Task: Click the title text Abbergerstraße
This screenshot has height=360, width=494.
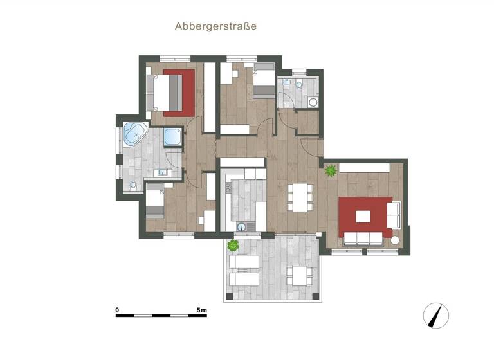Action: pos(215,26)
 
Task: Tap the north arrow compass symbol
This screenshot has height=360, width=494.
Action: pos(436,316)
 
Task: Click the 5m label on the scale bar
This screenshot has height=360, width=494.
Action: pos(201,310)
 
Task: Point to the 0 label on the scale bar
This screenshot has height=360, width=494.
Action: pos(117,310)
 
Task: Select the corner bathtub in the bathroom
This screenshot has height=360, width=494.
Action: pos(136,134)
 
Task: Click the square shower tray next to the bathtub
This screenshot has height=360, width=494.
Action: pos(172,137)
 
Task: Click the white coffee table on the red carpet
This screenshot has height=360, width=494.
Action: pos(363,216)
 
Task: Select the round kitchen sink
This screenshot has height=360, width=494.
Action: pos(242,226)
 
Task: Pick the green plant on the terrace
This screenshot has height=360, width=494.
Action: pos(233,245)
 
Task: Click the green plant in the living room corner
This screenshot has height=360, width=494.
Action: pos(331,171)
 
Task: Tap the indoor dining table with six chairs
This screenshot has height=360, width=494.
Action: pos(298,197)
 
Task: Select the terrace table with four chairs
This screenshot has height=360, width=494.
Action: pos(300,275)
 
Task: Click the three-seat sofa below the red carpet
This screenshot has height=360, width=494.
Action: pos(364,239)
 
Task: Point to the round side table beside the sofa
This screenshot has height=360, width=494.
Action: pos(395,240)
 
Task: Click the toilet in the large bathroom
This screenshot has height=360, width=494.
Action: pos(133,185)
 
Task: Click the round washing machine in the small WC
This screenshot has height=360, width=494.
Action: pos(313,102)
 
